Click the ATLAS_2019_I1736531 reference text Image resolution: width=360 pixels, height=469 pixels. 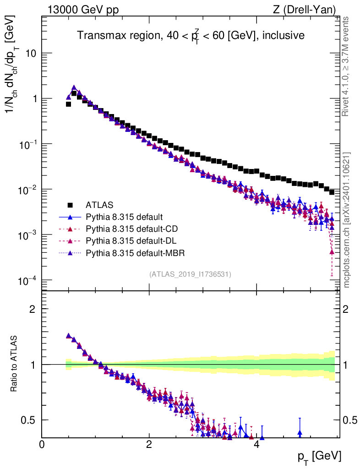pyautogui.click(x=190, y=274)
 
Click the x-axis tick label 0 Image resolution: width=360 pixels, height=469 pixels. pyautogui.click(x=42, y=445)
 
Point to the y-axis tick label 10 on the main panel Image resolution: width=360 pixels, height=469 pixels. pyautogui.click(x=31, y=54)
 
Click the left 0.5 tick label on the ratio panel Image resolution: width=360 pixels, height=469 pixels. pyautogui.click(x=29, y=420)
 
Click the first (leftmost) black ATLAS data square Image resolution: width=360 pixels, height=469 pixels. pyautogui.click(x=68, y=104)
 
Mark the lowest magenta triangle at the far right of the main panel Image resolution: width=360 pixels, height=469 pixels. pyautogui.click(x=332, y=251)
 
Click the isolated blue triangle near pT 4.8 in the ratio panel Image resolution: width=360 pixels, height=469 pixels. pyautogui.click(x=300, y=432)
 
